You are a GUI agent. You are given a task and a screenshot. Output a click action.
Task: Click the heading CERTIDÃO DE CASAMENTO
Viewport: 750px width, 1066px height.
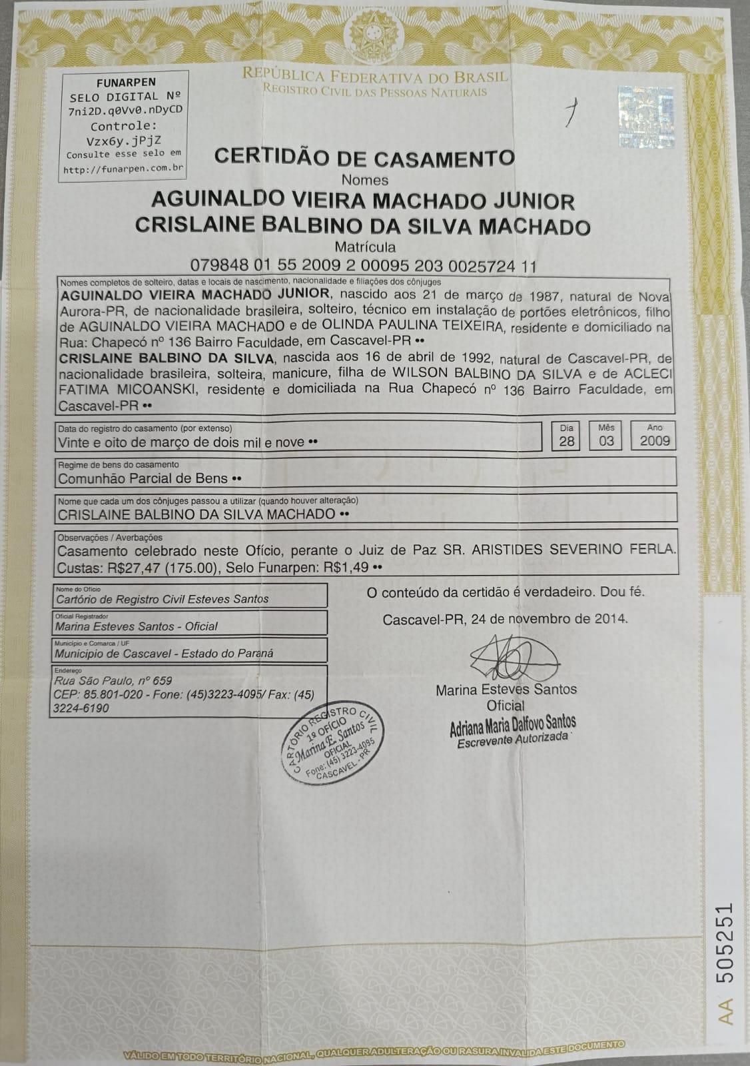coord(364,158)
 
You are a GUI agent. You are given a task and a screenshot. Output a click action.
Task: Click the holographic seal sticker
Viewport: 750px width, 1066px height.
coord(645,117)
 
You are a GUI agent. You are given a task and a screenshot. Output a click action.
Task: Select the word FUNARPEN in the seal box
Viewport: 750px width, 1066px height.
coord(123,83)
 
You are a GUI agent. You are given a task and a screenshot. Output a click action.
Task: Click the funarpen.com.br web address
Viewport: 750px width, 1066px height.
coord(123,169)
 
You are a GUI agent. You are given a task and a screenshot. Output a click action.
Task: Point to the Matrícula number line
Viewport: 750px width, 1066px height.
coord(363,266)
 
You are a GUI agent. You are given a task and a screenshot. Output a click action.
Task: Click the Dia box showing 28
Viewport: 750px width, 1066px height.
coord(566,440)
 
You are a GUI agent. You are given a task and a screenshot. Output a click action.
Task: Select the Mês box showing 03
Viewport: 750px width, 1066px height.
coord(605,440)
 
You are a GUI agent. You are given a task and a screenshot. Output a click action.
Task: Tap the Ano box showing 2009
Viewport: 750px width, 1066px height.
coord(654,440)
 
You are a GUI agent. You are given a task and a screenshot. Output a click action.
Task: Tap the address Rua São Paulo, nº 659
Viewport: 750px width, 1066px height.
coord(114,680)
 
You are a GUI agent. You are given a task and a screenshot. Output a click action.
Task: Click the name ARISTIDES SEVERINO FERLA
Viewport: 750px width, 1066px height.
coord(573,550)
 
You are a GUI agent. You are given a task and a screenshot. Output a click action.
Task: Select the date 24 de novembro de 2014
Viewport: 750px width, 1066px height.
coord(548,618)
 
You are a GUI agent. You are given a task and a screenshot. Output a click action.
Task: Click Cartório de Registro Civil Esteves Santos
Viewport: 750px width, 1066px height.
coord(162,599)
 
